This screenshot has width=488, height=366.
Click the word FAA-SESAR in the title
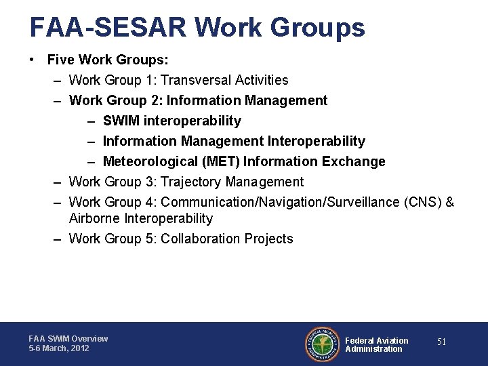pos(108,27)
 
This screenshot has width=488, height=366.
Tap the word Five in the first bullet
pos(60,60)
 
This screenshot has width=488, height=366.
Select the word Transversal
pos(196,80)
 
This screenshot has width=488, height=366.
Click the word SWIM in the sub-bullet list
pos(120,121)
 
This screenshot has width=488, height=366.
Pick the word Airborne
pos(95,218)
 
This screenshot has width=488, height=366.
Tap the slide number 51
pos(441,342)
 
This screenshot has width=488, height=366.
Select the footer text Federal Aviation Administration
pos(377,345)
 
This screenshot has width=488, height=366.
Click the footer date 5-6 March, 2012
pos(59,348)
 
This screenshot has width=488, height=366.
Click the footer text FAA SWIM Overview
pos(68,338)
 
